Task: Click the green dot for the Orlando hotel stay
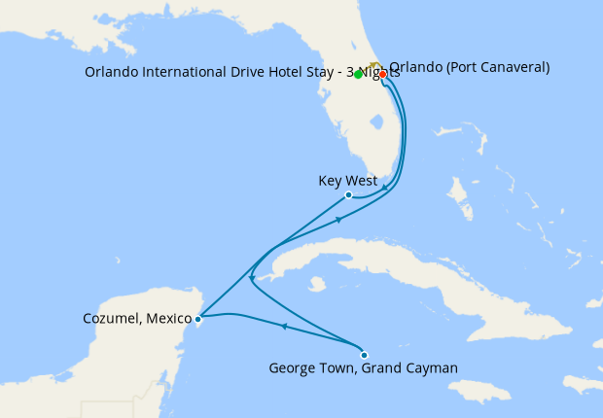click(359, 74)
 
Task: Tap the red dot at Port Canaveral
click(382, 74)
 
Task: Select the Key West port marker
click(349, 194)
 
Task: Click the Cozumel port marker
click(198, 318)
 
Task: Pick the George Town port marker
click(364, 354)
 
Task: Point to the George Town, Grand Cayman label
click(363, 368)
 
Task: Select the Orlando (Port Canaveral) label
click(470, 67)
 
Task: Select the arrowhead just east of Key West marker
click(385, 187)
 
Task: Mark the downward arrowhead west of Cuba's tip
click(252, 275)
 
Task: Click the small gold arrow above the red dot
click(374, 64)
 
